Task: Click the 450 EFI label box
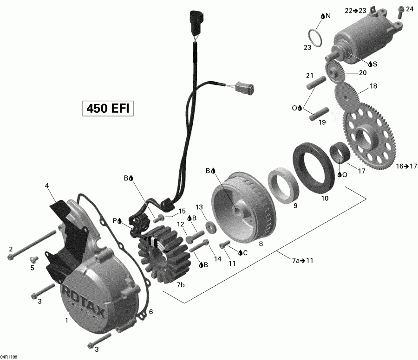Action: pyautogui.click(x=108, y=108)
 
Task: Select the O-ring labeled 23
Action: pyautogui.click(x=316, y=38)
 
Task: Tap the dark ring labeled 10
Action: pyautogui.click(x=311, y=169)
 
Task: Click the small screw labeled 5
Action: pyautogui.click(x=33, y=258)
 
